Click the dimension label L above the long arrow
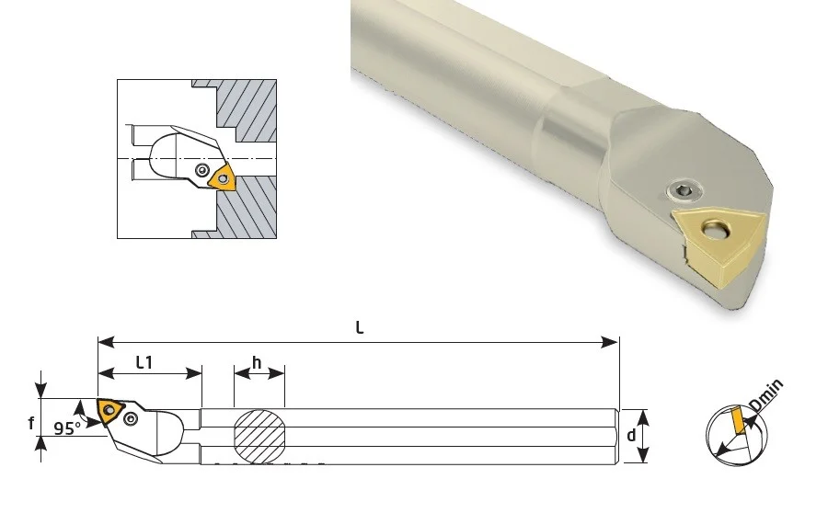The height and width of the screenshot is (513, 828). pos(360,327)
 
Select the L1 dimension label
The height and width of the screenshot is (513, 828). pos(144,362)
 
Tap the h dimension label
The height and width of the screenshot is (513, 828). pos(257,363)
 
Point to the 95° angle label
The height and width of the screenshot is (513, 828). pos(67,428)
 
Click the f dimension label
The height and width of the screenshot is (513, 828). pos(31,423)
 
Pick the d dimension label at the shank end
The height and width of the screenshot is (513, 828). pos(631,436)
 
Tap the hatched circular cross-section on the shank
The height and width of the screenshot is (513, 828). pos(259,437)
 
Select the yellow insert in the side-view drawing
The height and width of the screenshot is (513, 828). pos(109,410)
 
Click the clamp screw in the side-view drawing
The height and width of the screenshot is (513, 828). pos(131,418)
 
